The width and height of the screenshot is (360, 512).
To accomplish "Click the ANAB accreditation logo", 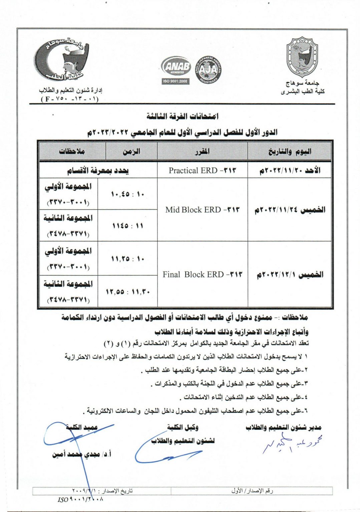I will [x=176, y=67].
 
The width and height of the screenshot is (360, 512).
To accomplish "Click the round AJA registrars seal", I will [x=208, y=70].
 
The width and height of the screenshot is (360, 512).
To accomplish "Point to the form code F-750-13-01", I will [x=69, y=99].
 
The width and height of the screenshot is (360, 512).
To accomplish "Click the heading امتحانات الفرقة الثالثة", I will [x=182, y=116].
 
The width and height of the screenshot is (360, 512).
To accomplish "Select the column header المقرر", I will [x=202, y=152].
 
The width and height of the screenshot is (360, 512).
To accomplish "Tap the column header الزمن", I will [x=131, y=152].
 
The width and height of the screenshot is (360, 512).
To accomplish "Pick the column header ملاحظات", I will [x=72, y=152].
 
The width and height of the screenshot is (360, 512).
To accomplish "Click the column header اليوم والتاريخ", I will [x=290, y=152].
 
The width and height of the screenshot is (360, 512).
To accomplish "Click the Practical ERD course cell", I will [x=202, y=170].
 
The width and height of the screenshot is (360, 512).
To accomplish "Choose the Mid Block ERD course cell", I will [x=202, y=210].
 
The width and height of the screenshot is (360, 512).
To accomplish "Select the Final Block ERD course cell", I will [x=202, y=274].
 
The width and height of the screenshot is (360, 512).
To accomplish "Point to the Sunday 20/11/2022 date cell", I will [x=290, y=170].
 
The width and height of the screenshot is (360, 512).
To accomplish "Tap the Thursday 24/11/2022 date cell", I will [x=290, y=210].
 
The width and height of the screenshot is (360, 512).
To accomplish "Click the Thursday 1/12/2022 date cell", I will [x=290, y=274].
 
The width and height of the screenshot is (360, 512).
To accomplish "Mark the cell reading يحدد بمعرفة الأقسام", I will [x=98, y=170].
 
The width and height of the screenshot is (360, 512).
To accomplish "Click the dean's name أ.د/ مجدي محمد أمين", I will [x=81, y=454].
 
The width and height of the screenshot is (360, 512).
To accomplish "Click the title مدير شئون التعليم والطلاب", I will [x=283, y=427].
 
